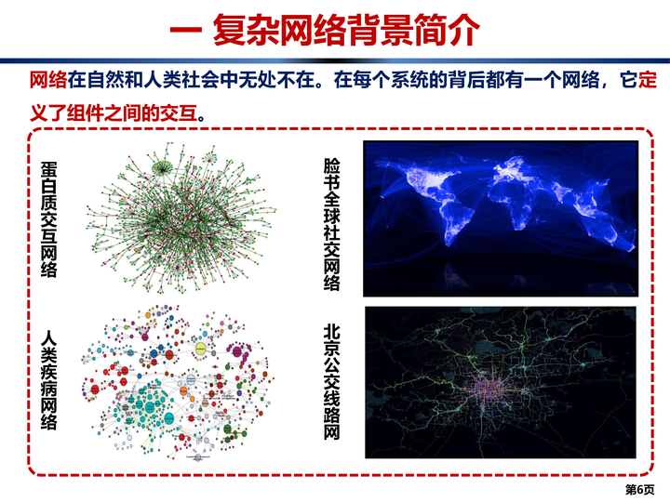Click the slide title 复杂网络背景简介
click(346, 29)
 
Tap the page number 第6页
click(639, 489)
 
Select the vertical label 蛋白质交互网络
click(48, 219)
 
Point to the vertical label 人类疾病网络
click(48, 379)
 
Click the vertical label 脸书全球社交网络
click(331, 225)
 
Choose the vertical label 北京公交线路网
click(331, 381)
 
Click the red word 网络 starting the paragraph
click(48, 79)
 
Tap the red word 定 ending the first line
click(648, 79)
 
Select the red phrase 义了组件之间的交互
click(114, 113)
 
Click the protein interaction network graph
click(181, 218)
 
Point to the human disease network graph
click(178, 382)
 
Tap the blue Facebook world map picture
click(501, 218)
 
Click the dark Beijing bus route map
click(501, 382)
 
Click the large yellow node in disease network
click(201, 349)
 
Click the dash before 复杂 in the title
click(185, 31)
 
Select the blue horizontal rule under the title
click(335, 60)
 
